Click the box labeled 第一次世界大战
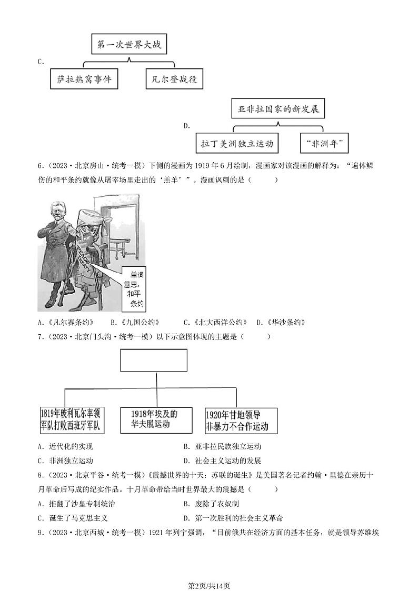click(129, 45)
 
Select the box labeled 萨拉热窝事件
click(84, 79)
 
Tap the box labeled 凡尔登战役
click(174, 79)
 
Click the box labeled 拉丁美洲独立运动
click(236, 143)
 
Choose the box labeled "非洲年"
click(325, 143)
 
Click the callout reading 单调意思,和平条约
click(133, 289)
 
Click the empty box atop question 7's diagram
click(154, 360)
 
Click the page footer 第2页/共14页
click(209, 571)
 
